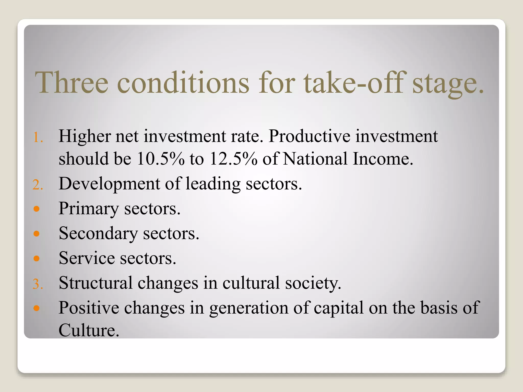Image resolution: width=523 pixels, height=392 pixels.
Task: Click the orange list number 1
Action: coord(38,138)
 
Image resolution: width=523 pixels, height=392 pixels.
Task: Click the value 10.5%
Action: coord(160,159)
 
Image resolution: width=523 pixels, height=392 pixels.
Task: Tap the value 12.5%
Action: coord(233,159)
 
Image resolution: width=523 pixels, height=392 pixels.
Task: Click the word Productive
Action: coord(309,136)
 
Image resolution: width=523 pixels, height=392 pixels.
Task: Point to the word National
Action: coord(315,159)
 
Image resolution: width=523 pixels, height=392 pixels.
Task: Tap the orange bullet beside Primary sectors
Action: coord(37,209)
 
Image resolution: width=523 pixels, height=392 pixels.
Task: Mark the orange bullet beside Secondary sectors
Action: coord(37,234)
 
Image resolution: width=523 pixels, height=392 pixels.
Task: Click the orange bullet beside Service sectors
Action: coord(37,259)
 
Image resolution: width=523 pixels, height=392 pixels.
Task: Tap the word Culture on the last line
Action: coord(89,330)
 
